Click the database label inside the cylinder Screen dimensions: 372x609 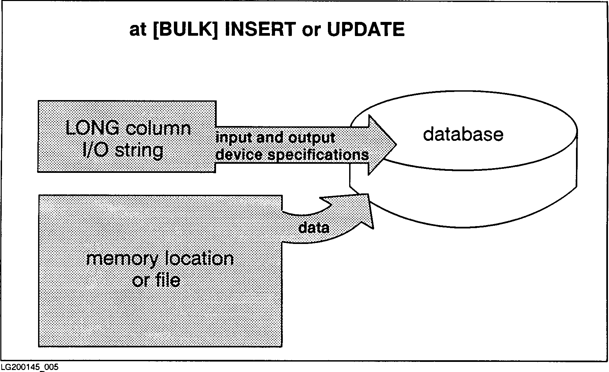pyautogui.click(x=463, y=134)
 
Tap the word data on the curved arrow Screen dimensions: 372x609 pyautogui.click(x=314, y=228)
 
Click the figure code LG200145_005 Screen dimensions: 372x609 pyautogui.click(x=27, y=367)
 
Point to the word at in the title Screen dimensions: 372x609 pyautogui.click(x=138, y=30)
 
